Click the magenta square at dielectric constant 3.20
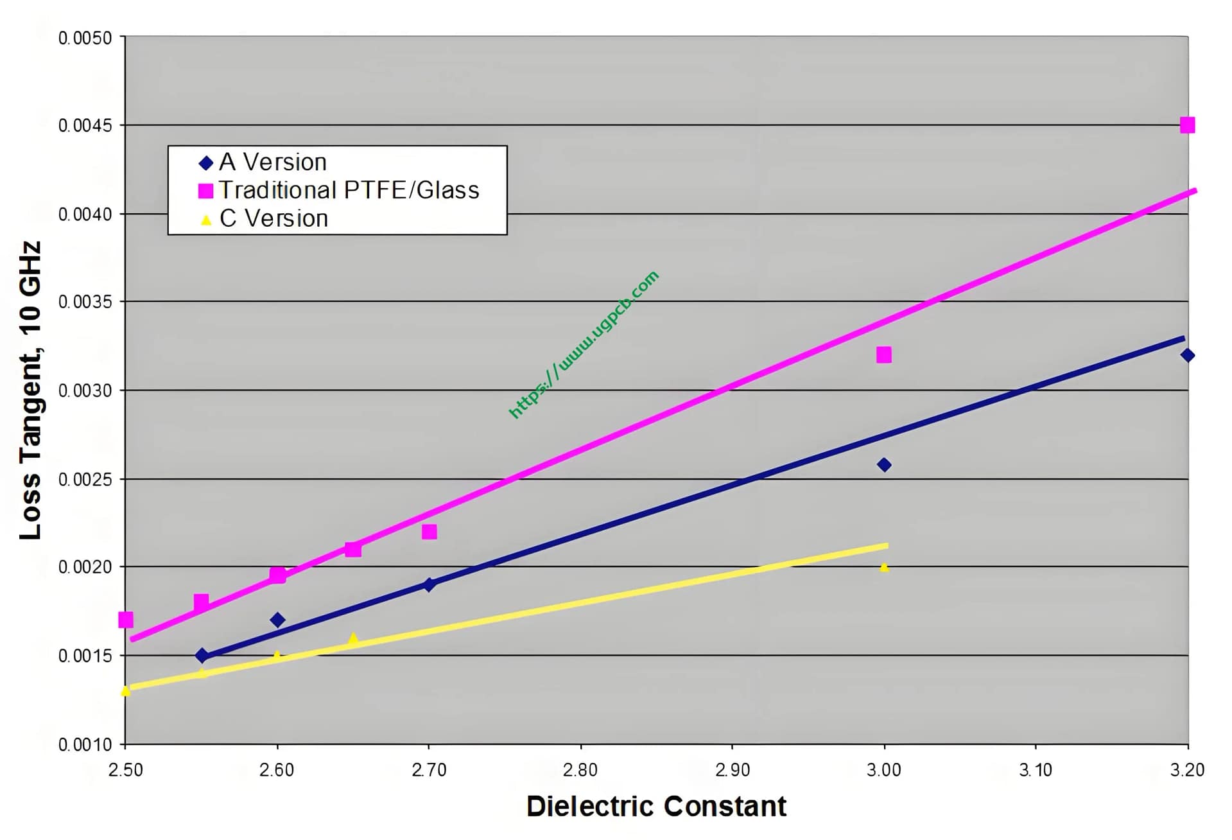(1187, 125)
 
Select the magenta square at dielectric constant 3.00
(883, 354)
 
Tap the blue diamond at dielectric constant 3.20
(1187, 355)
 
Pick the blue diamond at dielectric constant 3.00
(883, 464)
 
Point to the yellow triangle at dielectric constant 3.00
(884, 568)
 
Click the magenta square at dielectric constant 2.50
(126, 620)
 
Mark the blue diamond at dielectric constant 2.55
(202, 656)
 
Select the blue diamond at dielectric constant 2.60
(277, 620)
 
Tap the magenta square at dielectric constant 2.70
(429, 532)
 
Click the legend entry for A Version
(273, 162)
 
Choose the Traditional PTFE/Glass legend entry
(349, 191)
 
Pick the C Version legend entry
(273, 219)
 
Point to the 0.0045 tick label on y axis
(85, 126)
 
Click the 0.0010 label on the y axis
(85, 745)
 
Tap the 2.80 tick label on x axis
(580, 770)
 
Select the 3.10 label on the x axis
(1036, 770)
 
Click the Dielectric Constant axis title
(656, 807)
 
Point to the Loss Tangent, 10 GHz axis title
(31, 390)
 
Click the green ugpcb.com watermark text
(584, 345)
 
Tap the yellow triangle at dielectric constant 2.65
(352, 639)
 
